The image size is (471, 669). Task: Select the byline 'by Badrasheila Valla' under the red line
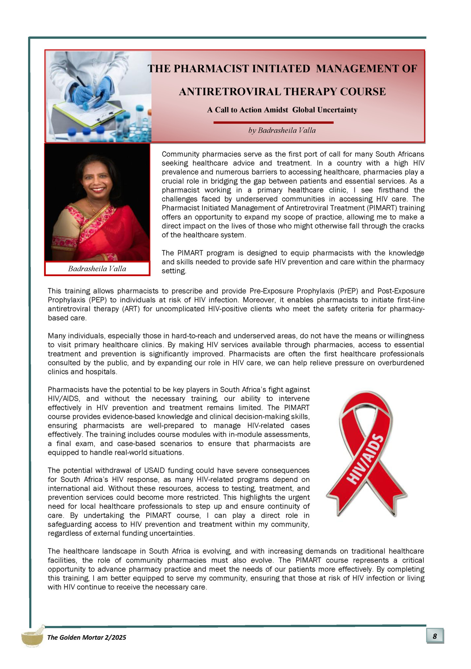pyautogui.click(x=282, y=131)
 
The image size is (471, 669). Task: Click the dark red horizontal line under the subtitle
pyautogui.click(x=273, y=122)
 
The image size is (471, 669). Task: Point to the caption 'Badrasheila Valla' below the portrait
pyautogui.click(x=97, y=269)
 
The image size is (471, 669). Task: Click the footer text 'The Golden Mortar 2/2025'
pyautogui.click(x=86, y=637)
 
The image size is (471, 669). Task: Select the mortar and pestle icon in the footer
pyautogui.click(x=33, y=636)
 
